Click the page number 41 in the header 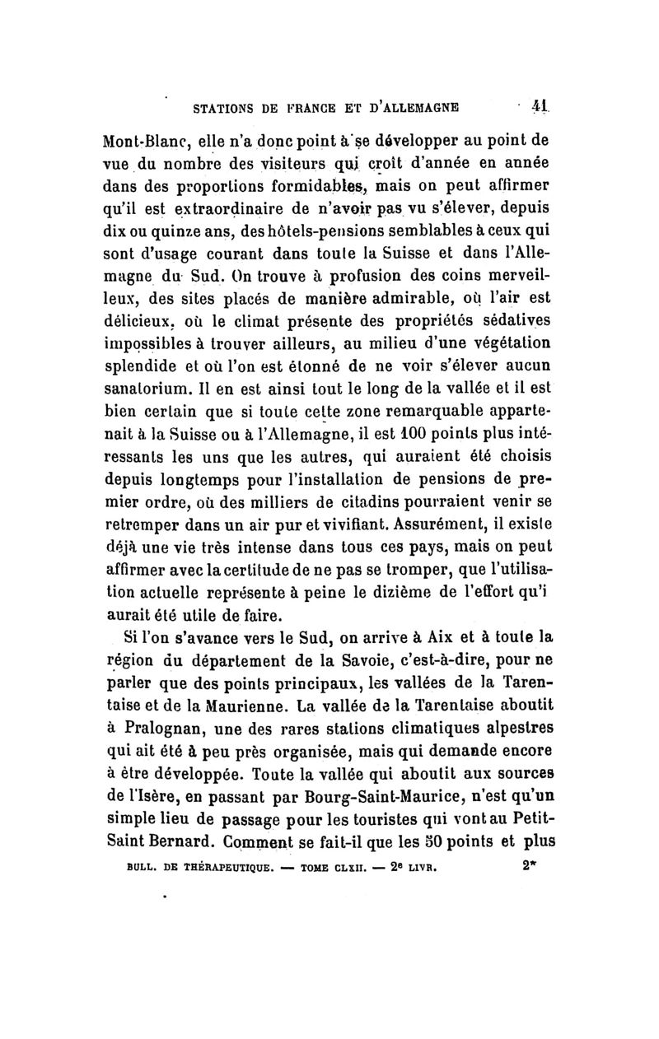tap(540, 106)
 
